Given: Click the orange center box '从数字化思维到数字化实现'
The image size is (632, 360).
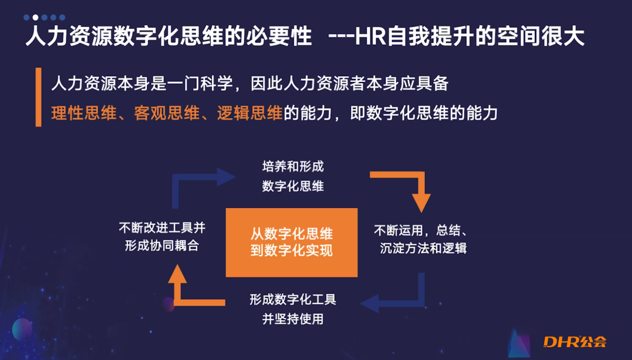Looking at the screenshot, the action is point(291,242).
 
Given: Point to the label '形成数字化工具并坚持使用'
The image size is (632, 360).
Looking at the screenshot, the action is point(293,310).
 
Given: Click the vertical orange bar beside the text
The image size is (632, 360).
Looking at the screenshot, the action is point(39,97).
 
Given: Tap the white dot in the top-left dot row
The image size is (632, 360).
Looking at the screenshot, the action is point(35,18).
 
